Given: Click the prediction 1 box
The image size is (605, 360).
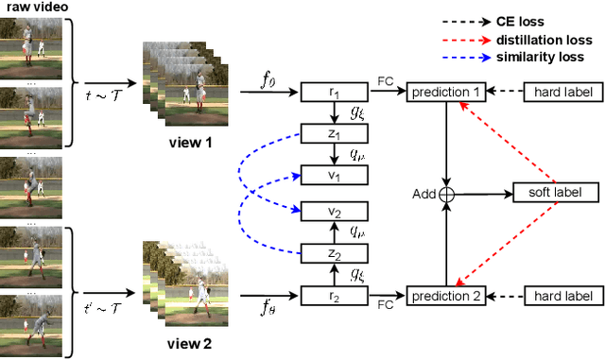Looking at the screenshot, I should (x=445, y=93).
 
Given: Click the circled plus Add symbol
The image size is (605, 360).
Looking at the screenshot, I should (x=446, y=193).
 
